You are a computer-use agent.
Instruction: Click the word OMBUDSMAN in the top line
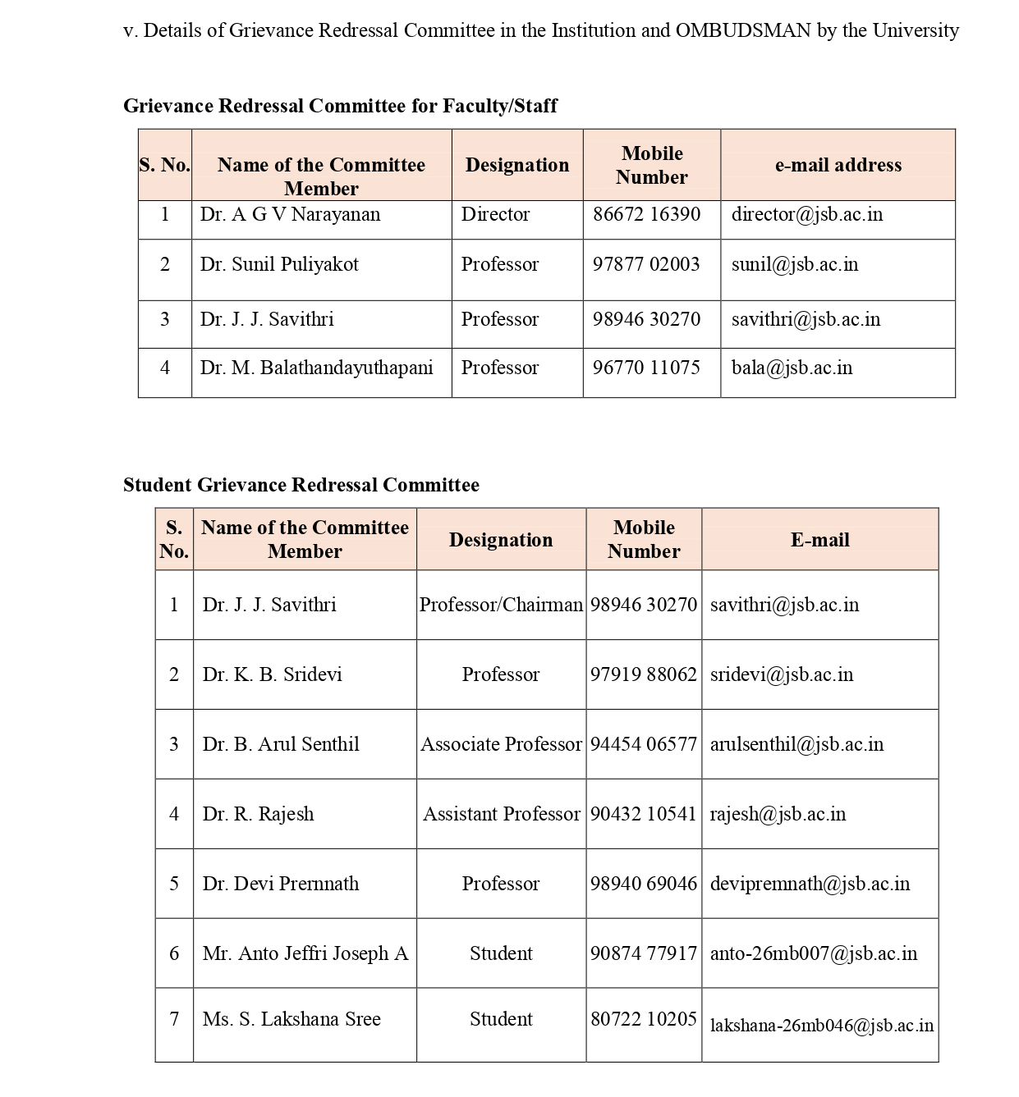point(742,30)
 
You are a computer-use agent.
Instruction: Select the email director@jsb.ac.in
point(806,214)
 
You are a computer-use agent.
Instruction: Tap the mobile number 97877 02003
point(646,264)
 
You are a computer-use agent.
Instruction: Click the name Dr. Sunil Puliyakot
point(279,264)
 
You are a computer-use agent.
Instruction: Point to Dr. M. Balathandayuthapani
point(316,368)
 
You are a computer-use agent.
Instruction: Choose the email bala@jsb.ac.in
point(792,368)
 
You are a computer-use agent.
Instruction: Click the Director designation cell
point(495,214)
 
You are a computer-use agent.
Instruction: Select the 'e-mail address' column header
point(838,165)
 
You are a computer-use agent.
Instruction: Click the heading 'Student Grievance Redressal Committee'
point(301,485)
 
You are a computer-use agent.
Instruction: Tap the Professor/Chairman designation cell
point(501,605)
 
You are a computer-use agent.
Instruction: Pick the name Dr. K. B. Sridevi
point(272,674)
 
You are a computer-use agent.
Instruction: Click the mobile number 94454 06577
point(644,744)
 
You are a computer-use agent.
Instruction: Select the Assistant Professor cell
point(501,814)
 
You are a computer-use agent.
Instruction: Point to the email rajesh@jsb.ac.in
point(778,814)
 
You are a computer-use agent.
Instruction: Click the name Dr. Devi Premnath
point(281,884)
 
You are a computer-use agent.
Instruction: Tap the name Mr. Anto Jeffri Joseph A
point(305,953)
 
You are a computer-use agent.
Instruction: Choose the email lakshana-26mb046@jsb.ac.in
point(821,1026)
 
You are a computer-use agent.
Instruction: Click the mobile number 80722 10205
point(644,1019)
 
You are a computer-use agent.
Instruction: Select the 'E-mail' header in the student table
point(819,540)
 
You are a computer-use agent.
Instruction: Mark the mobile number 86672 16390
point(646,214)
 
